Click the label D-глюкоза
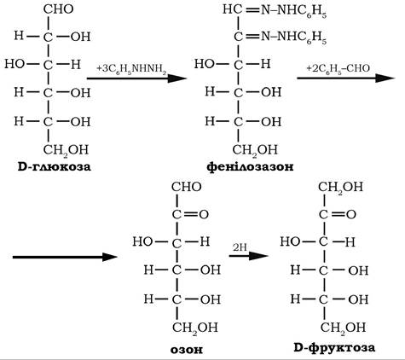point(54,166)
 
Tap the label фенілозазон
point(250,166)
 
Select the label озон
point(187,350)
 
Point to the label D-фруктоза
point(334,347)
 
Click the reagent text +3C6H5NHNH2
point(131,69)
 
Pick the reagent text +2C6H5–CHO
point(338,69)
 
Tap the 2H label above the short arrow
point(240,247)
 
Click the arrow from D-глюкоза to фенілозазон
point(136,78)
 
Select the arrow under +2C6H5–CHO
point(346,78)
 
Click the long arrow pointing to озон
point(65,257)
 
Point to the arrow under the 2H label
point(249,256)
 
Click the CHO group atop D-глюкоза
point(59,9)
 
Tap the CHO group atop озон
point(187,187)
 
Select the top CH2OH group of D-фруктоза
point(340,188)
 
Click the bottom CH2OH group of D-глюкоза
point(66,150)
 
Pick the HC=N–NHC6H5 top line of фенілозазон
point(275,11)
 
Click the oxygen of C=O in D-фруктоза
point(351,214)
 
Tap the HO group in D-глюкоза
point(14,64)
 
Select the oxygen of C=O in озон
point(204,214)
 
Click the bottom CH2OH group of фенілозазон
point(255,150)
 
